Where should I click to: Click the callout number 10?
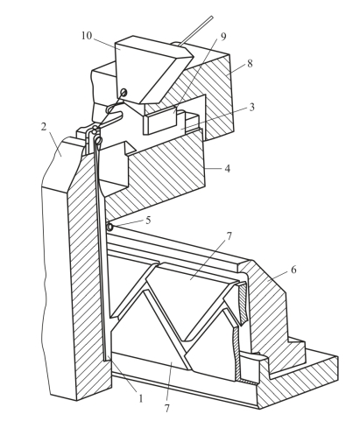[87, 36]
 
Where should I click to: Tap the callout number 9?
[223, 37]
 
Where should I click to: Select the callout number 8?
[250, 64]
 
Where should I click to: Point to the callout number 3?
[251, 107]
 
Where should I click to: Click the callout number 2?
[44, 127]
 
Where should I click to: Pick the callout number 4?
[228, 168]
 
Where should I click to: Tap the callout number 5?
[148, 220]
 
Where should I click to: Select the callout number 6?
[293, 270]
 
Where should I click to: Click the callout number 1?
[141, 398]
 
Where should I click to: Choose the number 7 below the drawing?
[166, 409]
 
